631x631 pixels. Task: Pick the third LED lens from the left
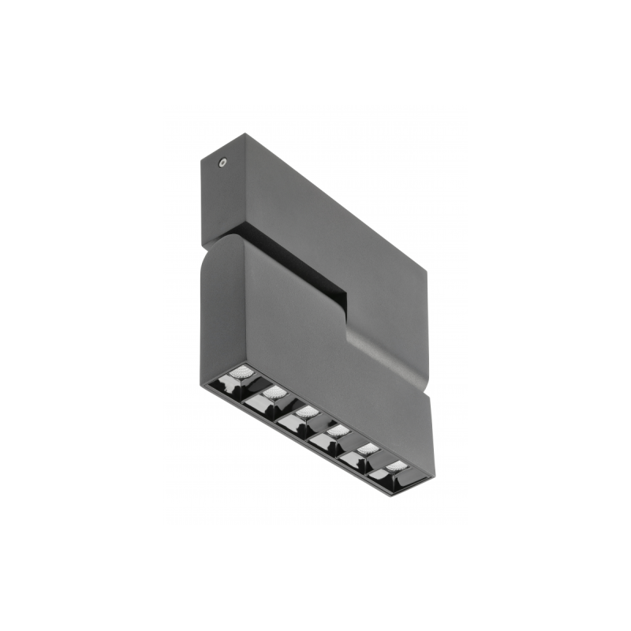(307, 412)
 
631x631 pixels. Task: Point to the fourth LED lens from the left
(338, 431)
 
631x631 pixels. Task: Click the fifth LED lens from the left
(367, 449)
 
